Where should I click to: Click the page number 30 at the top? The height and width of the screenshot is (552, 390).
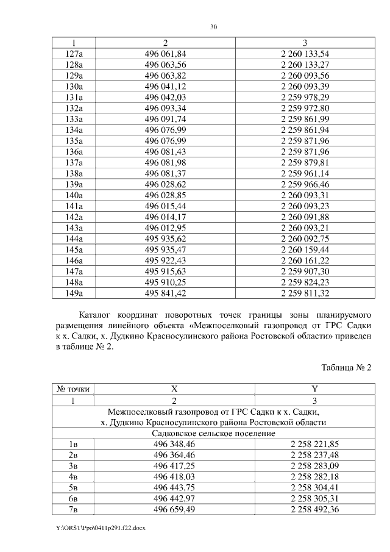[213, 27]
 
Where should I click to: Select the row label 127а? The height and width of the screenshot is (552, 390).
[74, 54]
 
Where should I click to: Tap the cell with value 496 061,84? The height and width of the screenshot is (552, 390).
[165, 54]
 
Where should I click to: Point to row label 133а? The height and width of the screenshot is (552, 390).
[74, 118]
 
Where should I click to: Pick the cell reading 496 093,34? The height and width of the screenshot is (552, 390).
[165, 107]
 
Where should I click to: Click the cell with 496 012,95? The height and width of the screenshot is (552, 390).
[165, 228]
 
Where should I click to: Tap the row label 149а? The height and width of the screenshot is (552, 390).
[74, 293]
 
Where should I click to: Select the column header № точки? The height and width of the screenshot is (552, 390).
[74, 389]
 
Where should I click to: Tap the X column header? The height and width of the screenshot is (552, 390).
[174, 389]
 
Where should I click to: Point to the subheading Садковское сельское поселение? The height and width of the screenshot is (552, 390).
[213, 433]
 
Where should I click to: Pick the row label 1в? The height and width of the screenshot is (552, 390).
[74, 444]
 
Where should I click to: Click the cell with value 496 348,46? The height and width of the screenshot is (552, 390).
[174, 444]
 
